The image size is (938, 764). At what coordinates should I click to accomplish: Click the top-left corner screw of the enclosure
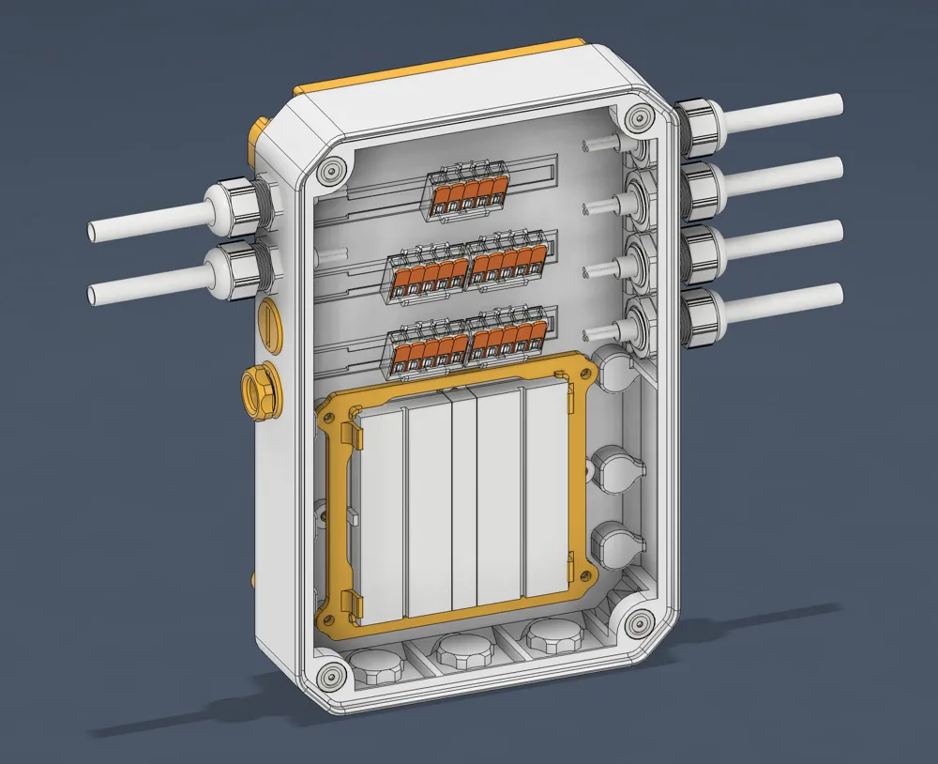click(x=329, y=172)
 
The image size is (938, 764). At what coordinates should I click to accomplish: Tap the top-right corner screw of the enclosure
click(x=640, y=118)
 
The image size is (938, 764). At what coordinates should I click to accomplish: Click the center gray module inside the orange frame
click(x=465, y=502)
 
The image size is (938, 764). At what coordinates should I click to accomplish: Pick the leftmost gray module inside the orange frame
click(x=381, y=516)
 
